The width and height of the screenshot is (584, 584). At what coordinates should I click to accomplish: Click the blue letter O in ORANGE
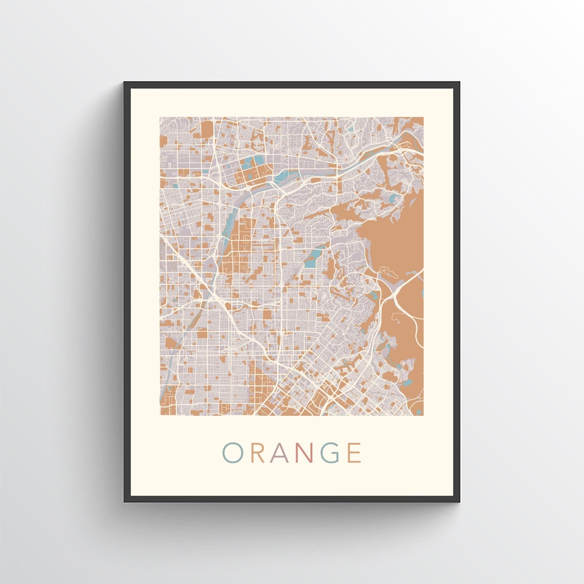tap(233, 453)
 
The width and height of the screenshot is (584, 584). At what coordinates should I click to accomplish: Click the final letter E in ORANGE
tap(354, 453)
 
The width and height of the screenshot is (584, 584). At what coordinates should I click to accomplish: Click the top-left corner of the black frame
tap(125, 83)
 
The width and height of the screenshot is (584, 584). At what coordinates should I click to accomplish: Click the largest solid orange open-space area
tap(395, 238)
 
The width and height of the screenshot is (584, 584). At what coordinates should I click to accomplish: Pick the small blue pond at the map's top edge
tap(350, 129)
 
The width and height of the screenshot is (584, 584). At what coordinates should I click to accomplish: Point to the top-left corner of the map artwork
tap(160, 117)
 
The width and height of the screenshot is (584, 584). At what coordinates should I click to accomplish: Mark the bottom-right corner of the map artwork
tap(423, 415)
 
